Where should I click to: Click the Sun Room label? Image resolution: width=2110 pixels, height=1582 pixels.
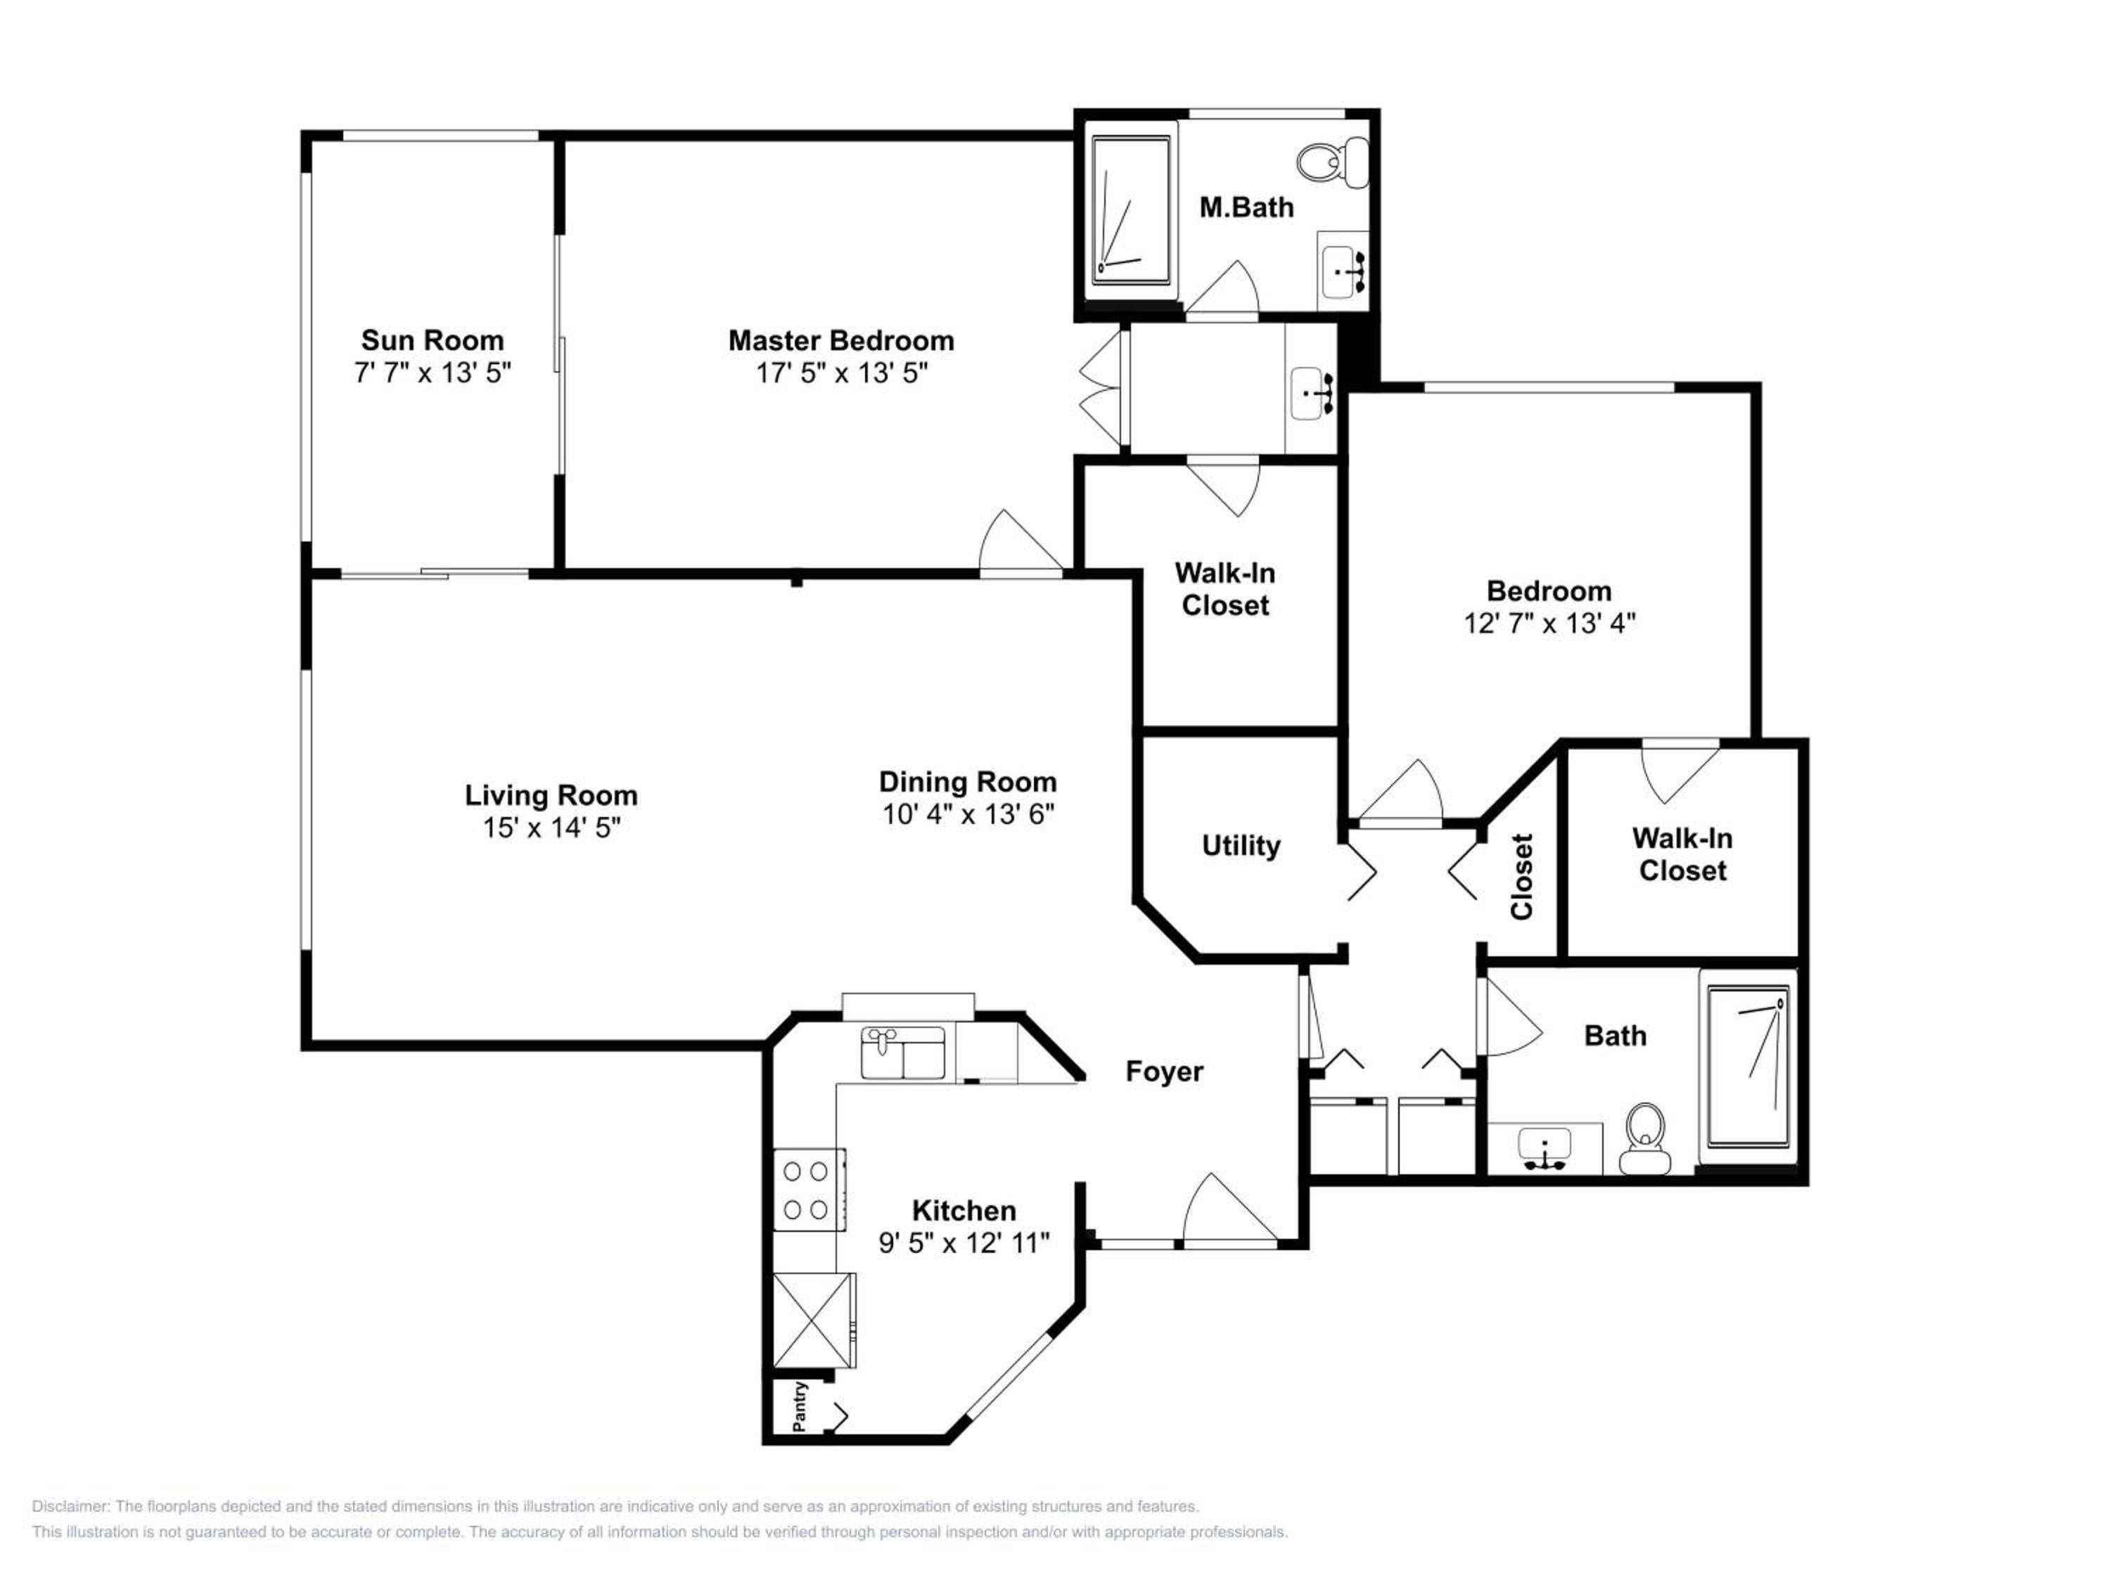point(432,340)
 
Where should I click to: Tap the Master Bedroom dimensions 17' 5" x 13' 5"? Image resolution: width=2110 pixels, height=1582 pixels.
point(841,373)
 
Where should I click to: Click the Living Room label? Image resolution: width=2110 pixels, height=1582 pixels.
point(551,795)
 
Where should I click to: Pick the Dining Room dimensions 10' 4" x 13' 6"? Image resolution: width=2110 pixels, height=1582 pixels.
point(968,814)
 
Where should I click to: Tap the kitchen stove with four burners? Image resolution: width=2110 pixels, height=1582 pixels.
point(808,1189)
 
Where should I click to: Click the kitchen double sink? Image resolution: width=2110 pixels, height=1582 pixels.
point(902,1053)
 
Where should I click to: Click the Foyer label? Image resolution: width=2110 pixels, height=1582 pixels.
point(1164,1071)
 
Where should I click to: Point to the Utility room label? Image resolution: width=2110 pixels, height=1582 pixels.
point(1241,846)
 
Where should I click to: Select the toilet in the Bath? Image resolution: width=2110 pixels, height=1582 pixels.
point(1646,1138)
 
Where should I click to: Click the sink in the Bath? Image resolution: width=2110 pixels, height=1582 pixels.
point(1545,1148)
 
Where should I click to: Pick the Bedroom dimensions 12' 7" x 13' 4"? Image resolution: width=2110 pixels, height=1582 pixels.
point(1550,624)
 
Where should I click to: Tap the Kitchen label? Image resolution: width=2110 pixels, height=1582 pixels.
point(964,1210)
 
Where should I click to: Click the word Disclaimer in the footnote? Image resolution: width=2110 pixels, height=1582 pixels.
point(70,1507)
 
